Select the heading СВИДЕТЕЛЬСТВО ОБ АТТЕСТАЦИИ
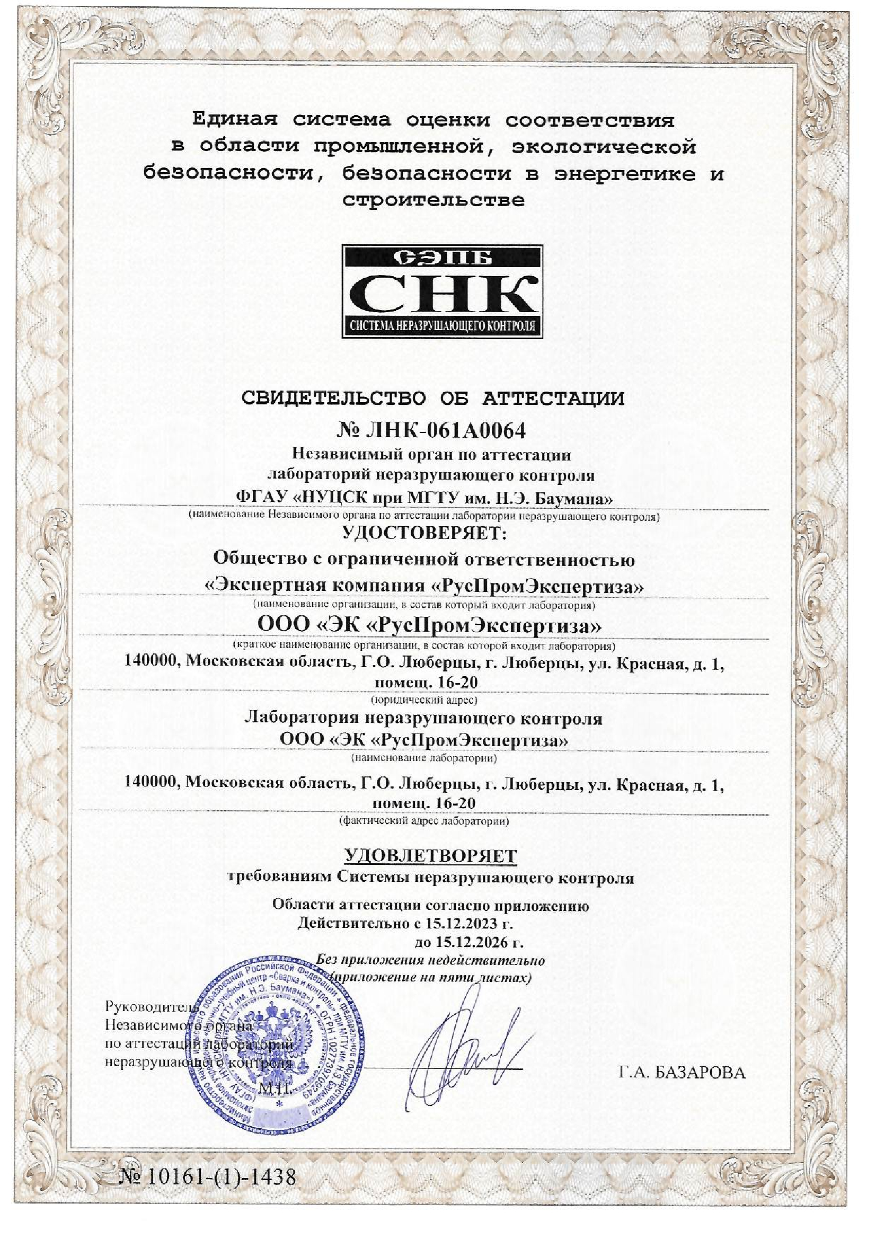tap(432, 399)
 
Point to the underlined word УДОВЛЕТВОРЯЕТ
tap(430, 856)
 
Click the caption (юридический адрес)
tap(424, 701)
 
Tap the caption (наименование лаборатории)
tap(424, 758)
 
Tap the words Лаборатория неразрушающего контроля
tap(424, 718)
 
